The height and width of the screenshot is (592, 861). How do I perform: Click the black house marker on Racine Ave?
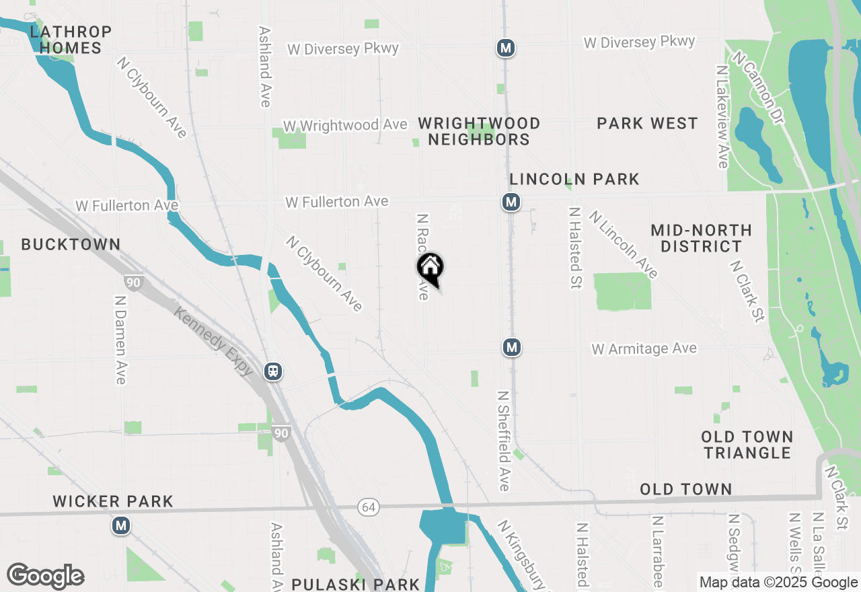pos(430,268)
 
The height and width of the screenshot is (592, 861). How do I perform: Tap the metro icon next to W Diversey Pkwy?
pos(506,48)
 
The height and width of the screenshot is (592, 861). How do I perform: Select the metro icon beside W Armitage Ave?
pos(512,347)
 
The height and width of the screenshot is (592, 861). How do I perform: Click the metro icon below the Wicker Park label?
pos(121,525)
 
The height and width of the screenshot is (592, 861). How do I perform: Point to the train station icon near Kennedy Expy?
pos(273,371)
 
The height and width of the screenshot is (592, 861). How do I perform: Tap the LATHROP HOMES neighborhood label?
pos(70,40)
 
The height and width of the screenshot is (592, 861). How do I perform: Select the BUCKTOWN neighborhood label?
pos(71,245)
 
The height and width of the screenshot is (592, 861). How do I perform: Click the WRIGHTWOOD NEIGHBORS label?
pos(479,131)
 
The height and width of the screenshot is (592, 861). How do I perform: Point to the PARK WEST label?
pos(647,124)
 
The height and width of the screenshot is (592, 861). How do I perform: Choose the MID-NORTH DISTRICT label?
pos(701,238)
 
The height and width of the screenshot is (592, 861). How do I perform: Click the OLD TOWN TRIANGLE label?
pos(747,445)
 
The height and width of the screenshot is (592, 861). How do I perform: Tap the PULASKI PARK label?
pos(356,584)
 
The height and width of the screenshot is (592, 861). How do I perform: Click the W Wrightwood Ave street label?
pos(345,126)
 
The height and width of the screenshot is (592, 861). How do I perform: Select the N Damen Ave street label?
pos(120,340)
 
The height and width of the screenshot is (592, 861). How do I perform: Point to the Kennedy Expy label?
pos(214,342)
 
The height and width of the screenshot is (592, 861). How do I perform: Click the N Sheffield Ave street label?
pos(504,441)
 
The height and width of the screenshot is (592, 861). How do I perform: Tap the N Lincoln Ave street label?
pos(623,244)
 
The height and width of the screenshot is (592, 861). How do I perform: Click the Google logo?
pos(45,576)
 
